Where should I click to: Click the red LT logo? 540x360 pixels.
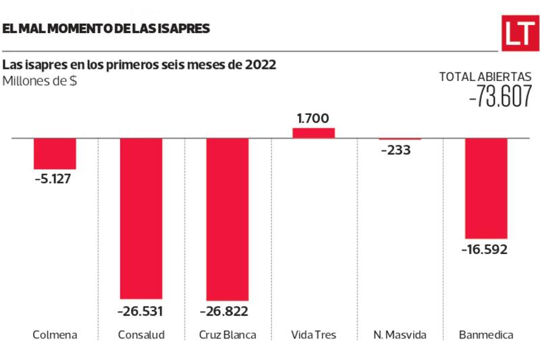(519, 32)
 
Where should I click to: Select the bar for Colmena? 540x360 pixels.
(55, 153)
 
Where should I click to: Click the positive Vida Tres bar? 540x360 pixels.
(313, 132)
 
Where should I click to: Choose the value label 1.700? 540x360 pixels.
(313, 118)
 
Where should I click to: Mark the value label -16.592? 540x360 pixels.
(484, 249)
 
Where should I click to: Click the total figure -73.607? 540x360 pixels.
(500, 99)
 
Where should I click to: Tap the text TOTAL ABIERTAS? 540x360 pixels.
(485, 77)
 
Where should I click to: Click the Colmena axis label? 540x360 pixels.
(55, 334)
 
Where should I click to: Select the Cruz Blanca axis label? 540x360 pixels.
(227, 334)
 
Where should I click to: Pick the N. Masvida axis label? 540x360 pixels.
(400, 334)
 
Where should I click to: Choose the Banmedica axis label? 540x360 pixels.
(485, 334)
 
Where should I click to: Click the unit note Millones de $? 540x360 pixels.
(39, 82)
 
